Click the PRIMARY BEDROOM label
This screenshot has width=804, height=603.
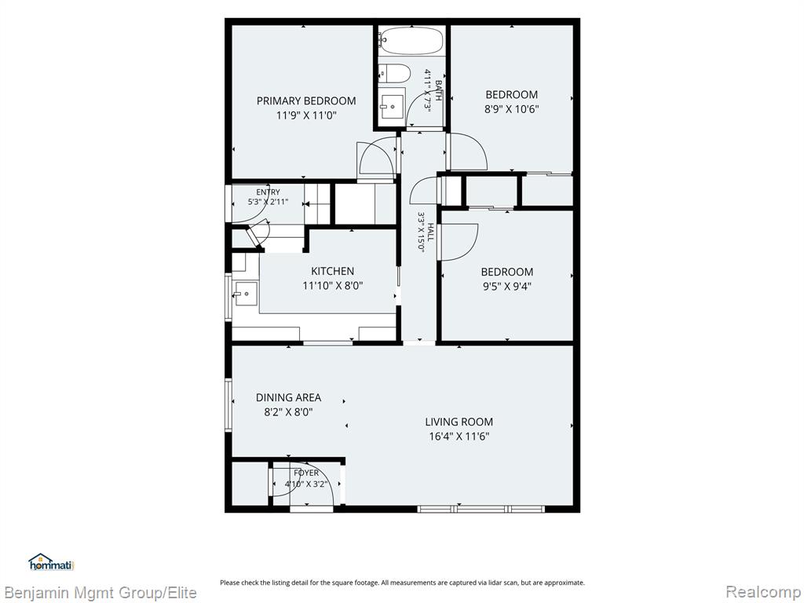tap(306, 101)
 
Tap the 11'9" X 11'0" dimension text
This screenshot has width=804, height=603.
tap(306, 115)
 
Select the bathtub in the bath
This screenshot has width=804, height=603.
tap(411, 41)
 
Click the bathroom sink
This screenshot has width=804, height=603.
tap(393, 107)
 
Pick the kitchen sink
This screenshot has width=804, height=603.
tap(246, 294)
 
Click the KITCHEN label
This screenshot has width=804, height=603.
tap(332, 271)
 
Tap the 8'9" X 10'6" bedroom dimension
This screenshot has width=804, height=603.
tap(512, 108)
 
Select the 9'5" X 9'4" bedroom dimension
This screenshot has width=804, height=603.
tap(506, 286)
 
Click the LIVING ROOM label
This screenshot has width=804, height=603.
tap(459, 422)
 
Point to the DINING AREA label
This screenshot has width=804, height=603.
tap(289, 397)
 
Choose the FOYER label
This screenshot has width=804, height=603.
tap(306, 473)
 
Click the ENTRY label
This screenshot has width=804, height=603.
tap(269, 192)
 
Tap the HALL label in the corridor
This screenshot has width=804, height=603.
tap(430, 232)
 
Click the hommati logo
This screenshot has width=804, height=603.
tap(51, 562)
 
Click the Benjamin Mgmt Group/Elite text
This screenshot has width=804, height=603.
tap(100, 593)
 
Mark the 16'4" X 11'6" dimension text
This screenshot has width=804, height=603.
tap(459, 437)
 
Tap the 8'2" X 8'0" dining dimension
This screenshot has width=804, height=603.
tap(289, 411)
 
